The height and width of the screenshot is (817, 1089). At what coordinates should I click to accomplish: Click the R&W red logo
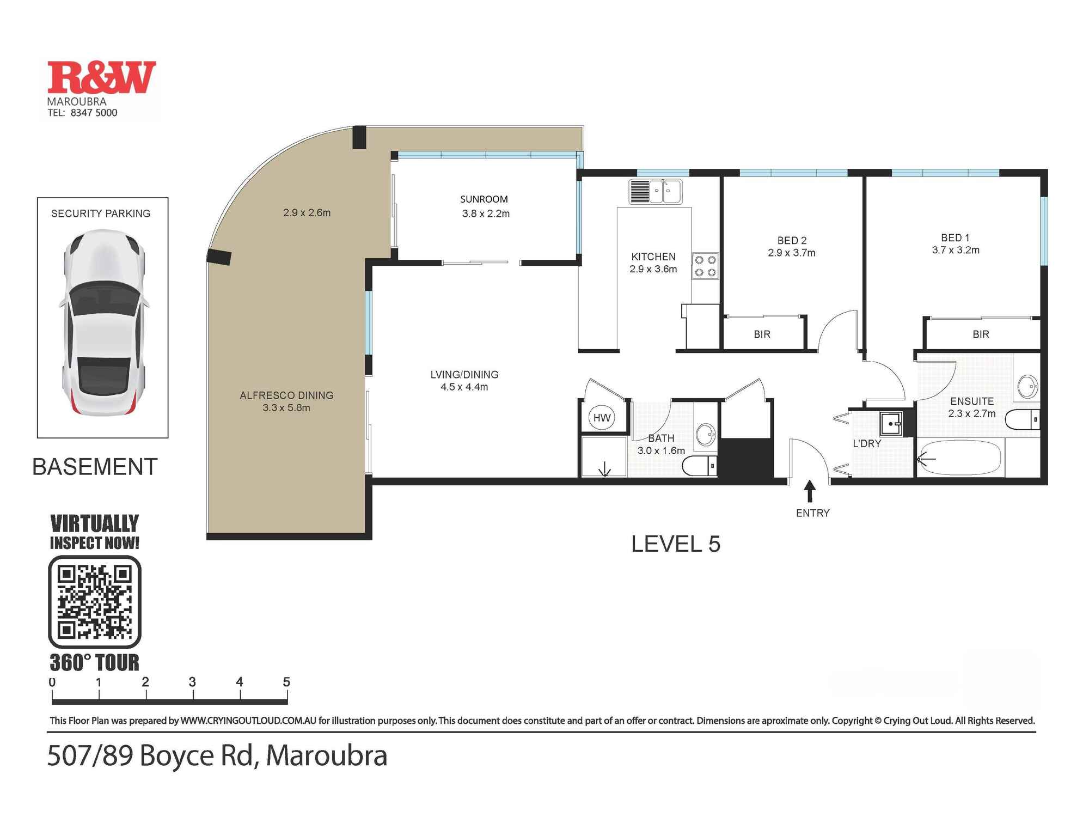[101, 77]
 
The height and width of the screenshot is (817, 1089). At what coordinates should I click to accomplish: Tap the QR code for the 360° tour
[95, 602]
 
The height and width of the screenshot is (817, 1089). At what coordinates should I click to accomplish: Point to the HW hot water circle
[602, 418]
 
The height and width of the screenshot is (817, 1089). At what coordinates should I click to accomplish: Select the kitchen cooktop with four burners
[705, 266]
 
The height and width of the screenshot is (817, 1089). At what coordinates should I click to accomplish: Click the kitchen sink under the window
[656, 192]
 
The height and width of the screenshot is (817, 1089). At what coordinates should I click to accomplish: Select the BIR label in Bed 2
[762, 334]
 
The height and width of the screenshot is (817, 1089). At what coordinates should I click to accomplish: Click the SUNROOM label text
[484, 199]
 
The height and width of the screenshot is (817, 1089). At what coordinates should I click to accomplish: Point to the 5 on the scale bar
[286, 682]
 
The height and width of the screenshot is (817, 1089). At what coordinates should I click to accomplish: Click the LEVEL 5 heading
[675, 544]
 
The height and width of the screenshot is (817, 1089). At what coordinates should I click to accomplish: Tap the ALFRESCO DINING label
[286, 395]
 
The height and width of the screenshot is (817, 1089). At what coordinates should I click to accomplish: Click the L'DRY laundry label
[866, 443]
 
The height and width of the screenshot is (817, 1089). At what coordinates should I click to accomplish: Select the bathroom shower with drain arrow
[604, 456]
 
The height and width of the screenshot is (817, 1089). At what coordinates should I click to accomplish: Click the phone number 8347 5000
[94, 113]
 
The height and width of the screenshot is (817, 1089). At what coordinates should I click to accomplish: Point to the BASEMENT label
[95, 467]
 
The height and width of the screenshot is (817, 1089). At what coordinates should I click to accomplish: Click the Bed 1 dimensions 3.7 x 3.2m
[955, 251]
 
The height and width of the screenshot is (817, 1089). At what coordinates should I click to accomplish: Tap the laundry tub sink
[891, 423]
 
